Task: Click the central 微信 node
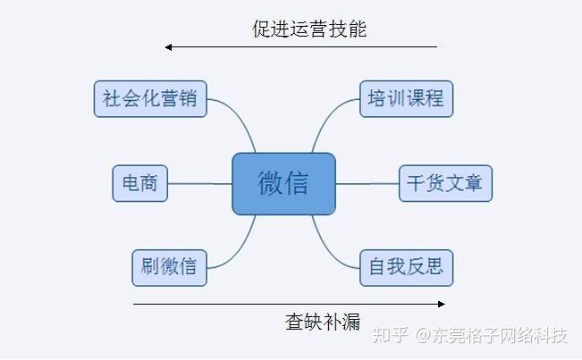pyautogui.click(x=283, y=184)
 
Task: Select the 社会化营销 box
pyautogui.click(x=150, y=98)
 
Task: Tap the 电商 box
pyautogui.click(x=139, y=183)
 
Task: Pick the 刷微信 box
pyautogui.click(x=169, y=267)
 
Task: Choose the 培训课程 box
pyautogui.click(x=405, y=98)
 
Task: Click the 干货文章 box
pyautogui.click(x=444, y=183)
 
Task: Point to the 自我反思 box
pyautogui.click(x=406, y=267)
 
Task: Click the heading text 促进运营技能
pyautogui.click(x=309, y=29)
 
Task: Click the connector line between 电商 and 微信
pyautogui.click(x=199, y=184)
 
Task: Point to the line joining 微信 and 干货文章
pyautogui.click(x=367, y=184)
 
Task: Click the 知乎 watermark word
pyautogui.click(x=391, y=336)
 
